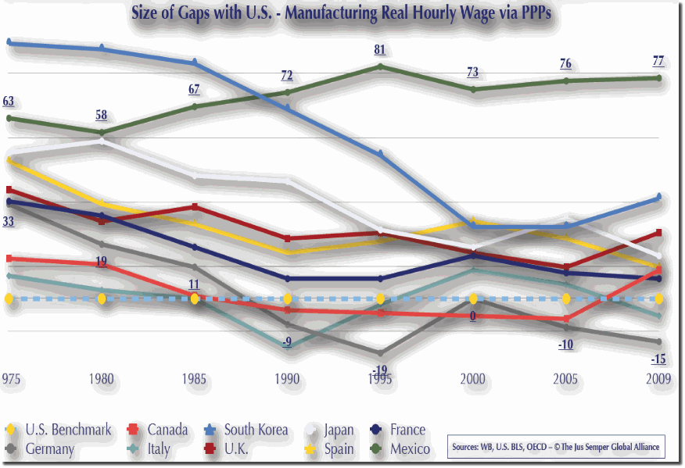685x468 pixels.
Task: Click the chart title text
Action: tap(342, 15)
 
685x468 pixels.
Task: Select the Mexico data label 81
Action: tap(380, 51)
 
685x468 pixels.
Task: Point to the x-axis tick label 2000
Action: tap(473, 379)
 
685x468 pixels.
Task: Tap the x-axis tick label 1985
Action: tap(195, 379)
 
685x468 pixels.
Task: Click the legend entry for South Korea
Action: tap(248, 430)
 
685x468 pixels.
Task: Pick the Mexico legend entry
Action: tap(403, 449)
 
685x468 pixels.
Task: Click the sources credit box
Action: tap(556, 447)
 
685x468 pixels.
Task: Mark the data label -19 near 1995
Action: tap(380, 370)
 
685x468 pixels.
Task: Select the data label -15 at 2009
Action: tap(658, 359)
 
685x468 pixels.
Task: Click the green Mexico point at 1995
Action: tap(381, 66)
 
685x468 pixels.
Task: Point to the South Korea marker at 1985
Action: tap(195, 63)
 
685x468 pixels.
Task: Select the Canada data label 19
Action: tap(102, 262)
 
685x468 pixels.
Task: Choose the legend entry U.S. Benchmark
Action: tap(60, 430)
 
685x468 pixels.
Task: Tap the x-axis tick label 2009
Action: tap(658, 379)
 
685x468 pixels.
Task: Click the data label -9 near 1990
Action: tap(287, 342)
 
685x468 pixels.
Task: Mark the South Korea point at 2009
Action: tap(660, 197)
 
